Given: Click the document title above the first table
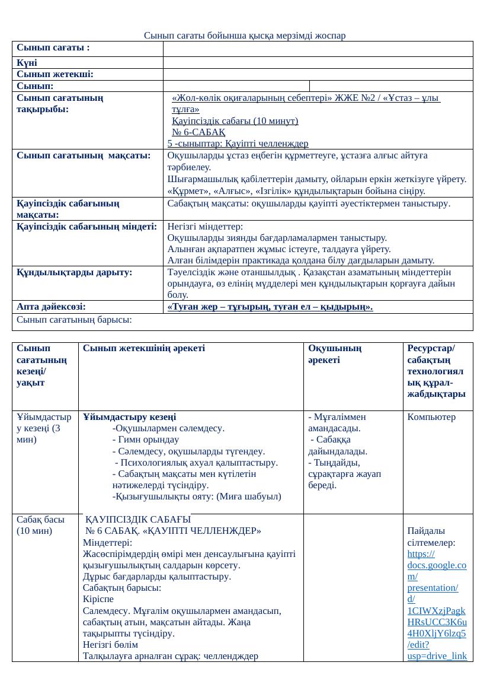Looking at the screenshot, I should click(x=244, y=36).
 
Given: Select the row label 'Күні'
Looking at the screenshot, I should click(x=27, y=63).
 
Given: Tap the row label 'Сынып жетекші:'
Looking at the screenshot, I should click(x=55, y=74).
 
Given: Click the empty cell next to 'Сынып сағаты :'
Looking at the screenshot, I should click(x=318, y=49).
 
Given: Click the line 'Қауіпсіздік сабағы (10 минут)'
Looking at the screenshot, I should click(x=235, y=121).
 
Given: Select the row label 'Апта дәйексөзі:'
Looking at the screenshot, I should click(x=51, y=307).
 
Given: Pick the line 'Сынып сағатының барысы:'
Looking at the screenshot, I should click(x=73, y=319).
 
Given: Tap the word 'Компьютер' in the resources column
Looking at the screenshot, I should click(x=431, y=417).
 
